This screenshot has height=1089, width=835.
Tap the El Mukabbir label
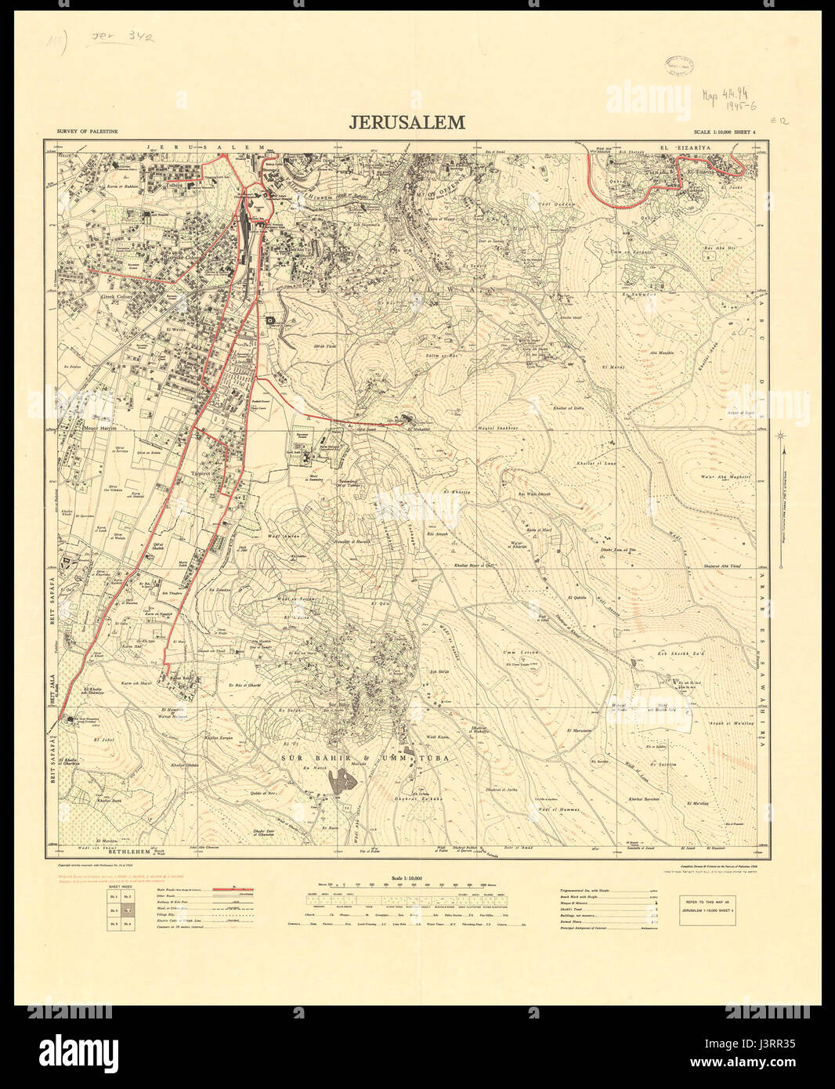(x=420, y=429)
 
